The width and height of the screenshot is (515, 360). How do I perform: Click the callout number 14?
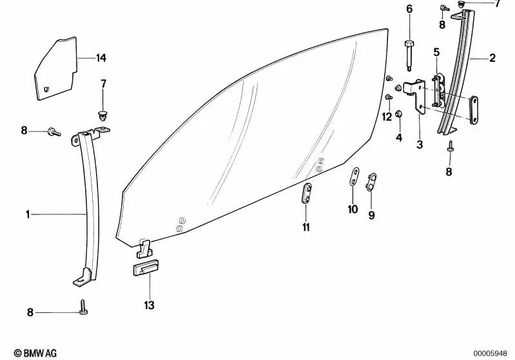tap(101, 58)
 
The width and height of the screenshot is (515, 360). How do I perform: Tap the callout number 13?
tap(149, 305)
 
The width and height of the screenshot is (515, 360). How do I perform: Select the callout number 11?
tap(306, 227)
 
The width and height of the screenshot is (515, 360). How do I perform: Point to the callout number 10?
tap(353, 209)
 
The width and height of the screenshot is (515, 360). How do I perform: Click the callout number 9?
tap(371, 215)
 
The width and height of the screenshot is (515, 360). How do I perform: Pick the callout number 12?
tap(387, 117)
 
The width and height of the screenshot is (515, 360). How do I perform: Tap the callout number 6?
tap(409, 9)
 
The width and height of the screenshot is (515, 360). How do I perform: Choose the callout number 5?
tap(436, 52)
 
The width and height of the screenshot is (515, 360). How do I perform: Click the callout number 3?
tap(420, 144)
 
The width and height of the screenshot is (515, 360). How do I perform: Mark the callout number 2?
tap(492, 58)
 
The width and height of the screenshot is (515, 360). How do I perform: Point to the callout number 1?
tap(28, 214)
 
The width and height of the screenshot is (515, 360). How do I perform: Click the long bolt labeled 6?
tap(409, 56)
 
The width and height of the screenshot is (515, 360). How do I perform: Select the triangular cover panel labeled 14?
tap(55, 68)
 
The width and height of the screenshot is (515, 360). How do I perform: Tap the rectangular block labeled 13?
tap(146, 267)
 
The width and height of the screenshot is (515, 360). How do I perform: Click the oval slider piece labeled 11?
tap(306, 194)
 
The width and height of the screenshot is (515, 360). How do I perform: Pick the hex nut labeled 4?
tap(399, 114)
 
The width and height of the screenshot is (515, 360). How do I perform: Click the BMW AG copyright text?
tap(35, 353)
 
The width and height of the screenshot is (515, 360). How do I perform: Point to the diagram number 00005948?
tap(490, 354)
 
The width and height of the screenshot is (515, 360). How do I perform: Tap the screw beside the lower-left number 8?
tap(83, 307)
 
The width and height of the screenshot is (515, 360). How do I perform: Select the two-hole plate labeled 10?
tap(353, 176)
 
